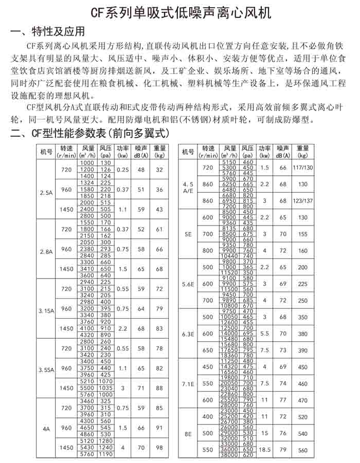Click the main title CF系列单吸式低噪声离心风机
click(180, 12)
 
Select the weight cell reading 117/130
click(302, 168)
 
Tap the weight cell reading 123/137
click(302, 200)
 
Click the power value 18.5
click(265, 449)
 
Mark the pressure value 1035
click(106, 387)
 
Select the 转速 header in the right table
click(207, 152)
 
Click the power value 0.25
click(123, 169)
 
